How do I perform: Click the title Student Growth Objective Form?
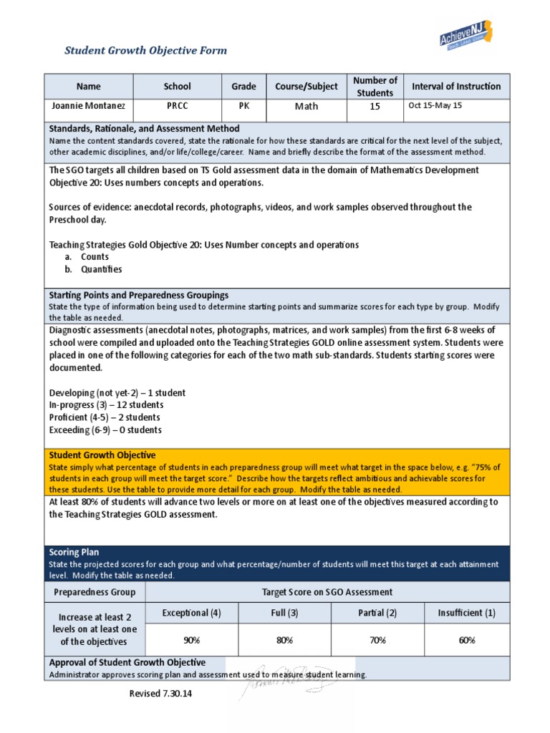[145, 50]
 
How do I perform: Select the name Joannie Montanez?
[89, 106]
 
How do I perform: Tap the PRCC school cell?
[177, 106]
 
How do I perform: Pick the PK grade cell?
[243, 106]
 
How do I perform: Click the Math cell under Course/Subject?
[306, 107]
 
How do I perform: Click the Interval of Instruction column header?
[456, 87]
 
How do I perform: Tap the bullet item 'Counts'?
[95, 257]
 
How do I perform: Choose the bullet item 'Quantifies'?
[101, 270]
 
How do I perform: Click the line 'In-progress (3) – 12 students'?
[105, 405]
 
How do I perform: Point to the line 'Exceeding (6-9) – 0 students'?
[105, 430]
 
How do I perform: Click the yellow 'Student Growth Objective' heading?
[102, 455]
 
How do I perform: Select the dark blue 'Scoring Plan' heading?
[74, 553]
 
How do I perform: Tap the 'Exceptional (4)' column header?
[191, 613]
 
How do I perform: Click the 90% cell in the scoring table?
[191, 641]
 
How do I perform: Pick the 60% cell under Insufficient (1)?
[467, 641]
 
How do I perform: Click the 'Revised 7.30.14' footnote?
[161, 694]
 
